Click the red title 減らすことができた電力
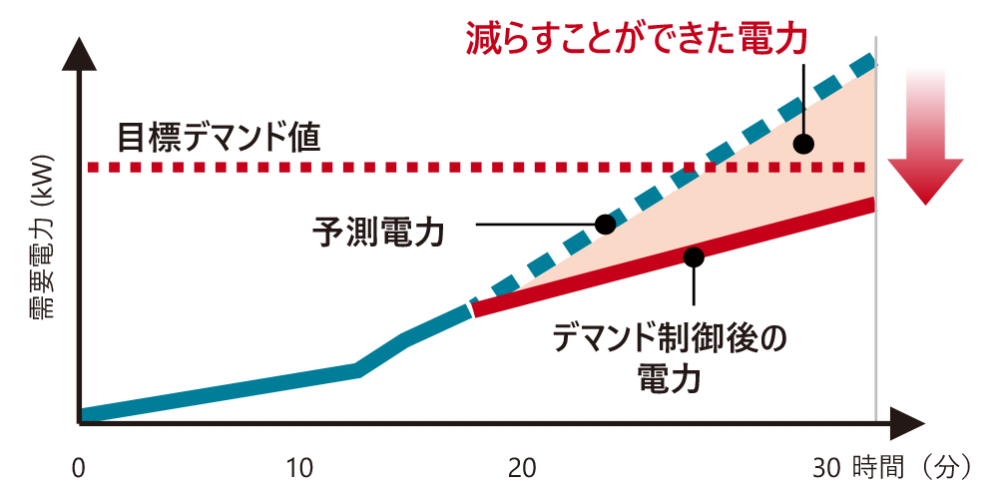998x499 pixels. (636, 38)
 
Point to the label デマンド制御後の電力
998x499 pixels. (670, 356)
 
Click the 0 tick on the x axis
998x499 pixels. (79, 467)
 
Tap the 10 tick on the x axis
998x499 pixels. (299, 467)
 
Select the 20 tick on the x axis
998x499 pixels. (522, 467)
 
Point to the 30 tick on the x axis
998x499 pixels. (829, 467)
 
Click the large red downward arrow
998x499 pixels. (927, 140)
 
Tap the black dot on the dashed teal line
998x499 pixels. (604, 224)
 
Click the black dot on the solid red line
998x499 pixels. (694, 256)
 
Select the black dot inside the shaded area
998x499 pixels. (803, 144)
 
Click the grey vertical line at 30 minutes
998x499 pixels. (875, 299)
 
